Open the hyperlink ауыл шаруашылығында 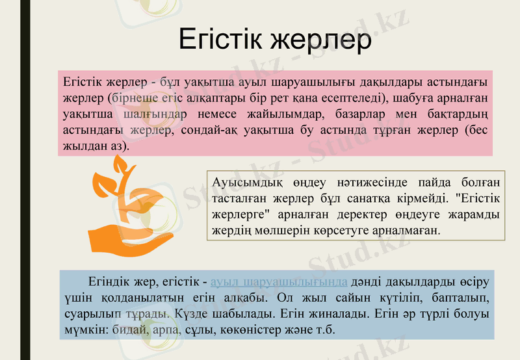(279, 283)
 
